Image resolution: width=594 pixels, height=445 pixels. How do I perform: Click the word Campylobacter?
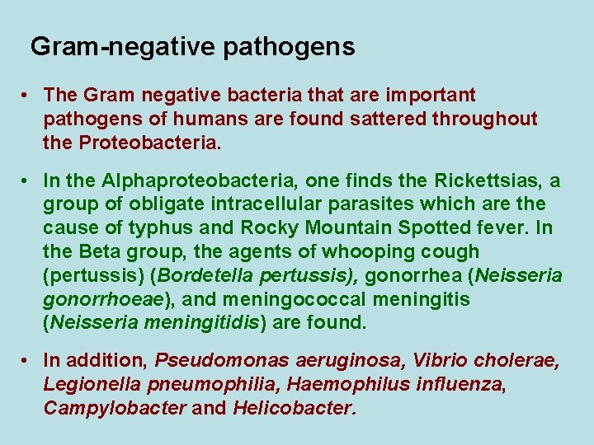click(x=114, y=408)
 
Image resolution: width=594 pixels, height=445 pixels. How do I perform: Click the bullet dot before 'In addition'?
click(x=27, y=360)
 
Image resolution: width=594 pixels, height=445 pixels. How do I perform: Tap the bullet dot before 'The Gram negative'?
click(x=27, y=96)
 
